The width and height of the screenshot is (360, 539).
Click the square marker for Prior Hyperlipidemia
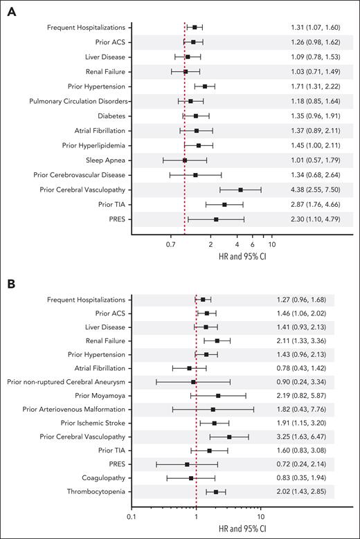(199, 145)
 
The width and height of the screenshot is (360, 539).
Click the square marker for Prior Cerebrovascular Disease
(196, 174)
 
